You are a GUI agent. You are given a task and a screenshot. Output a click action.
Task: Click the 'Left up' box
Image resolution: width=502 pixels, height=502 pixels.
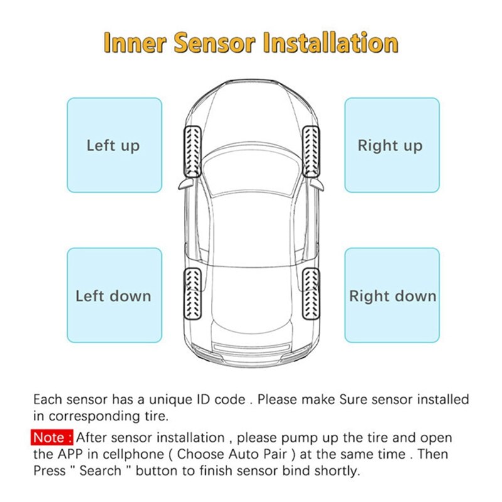coord(114,145)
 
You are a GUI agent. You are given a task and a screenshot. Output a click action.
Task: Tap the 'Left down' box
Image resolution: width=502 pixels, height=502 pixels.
coord(114,295)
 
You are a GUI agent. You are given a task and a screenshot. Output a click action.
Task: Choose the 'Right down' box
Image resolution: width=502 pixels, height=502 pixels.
coord(392,295)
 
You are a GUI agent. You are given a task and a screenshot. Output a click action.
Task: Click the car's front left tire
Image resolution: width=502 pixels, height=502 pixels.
coord(191,151)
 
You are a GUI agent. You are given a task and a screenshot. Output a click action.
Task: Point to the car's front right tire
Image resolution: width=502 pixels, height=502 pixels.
coord(312,151)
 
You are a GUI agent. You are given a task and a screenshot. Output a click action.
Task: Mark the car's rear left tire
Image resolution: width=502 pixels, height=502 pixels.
coord(191,292)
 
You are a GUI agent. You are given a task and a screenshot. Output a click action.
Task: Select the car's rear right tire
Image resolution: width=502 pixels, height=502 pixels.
coord(311,292)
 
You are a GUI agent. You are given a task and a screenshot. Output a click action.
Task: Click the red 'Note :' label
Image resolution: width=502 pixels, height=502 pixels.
coord(53,437)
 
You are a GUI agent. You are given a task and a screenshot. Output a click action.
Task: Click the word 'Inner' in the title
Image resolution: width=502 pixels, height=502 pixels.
coord(134,43)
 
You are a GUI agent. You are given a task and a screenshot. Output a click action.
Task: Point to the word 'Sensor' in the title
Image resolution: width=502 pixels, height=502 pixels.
coord(215,43)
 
